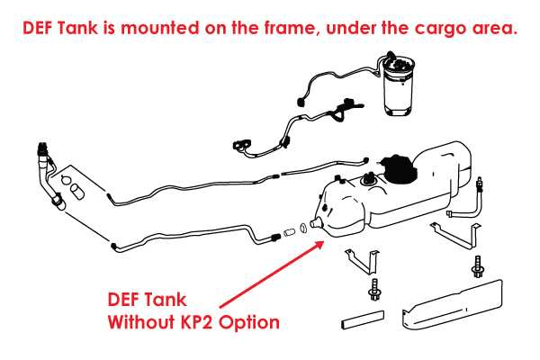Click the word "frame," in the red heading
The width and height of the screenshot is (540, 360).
[291, 28]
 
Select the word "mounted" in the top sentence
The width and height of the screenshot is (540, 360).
[159, 28]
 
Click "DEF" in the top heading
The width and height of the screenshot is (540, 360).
[38, 28]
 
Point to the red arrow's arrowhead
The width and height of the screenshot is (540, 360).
[319, 246]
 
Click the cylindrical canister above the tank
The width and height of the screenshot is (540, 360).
[398, 85]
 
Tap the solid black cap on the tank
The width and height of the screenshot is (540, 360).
[397, 169]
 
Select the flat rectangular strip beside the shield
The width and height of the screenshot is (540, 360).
[363, 319]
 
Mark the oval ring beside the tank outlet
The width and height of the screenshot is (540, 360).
[303, 228]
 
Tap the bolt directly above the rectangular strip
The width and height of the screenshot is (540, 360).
[373, 290]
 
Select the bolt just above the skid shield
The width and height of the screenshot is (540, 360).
[478, 266]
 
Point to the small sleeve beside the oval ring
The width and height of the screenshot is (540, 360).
[290, 232]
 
